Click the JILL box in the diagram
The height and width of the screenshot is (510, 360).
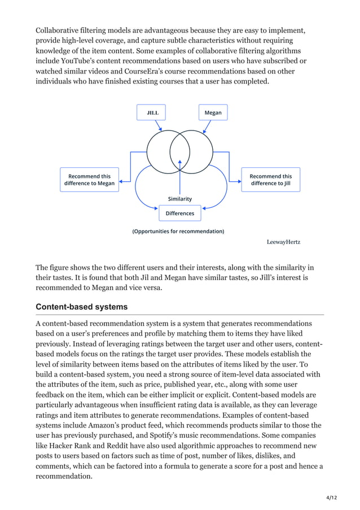152,113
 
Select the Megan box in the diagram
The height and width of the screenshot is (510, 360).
213,113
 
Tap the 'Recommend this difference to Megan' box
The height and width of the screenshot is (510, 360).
89,180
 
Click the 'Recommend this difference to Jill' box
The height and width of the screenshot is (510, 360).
271,180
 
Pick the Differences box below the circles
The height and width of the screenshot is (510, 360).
180,213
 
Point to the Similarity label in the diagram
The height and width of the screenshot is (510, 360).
180,199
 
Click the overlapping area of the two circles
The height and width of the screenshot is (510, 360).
180,151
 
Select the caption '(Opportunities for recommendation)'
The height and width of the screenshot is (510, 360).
178,232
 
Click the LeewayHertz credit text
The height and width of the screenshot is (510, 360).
283,242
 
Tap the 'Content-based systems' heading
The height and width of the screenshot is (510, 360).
81,307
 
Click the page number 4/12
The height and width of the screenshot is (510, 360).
331,498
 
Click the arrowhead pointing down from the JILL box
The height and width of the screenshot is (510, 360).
162,130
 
